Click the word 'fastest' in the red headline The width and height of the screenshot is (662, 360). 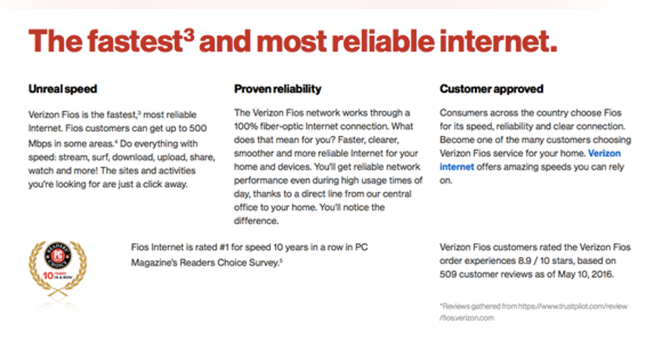point(134,41)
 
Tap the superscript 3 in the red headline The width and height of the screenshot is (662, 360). point(189,34)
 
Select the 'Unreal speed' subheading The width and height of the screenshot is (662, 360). point(63,89)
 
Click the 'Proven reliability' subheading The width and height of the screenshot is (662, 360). point(277,89)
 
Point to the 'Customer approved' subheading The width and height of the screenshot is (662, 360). point(491,89)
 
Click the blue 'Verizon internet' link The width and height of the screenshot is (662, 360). point(530,160)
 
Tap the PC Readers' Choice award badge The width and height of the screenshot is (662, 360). point(58,269)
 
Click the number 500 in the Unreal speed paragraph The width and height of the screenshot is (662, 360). point(197,128)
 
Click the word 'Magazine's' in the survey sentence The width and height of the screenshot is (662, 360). point(154,263)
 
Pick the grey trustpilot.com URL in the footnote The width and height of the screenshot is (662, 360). point(533,312)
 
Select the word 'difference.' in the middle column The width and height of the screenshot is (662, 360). point(256,221)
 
